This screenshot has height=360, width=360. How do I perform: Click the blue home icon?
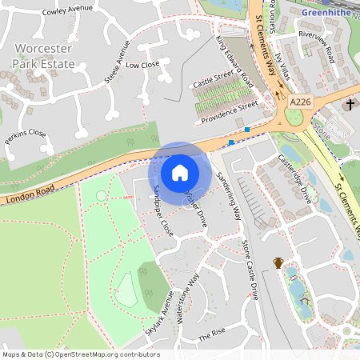click(180, 172)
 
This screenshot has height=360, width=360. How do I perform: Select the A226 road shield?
click(300, 102)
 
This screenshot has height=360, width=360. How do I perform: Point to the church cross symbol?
click(350, 105)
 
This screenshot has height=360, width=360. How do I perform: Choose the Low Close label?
click(143, 65)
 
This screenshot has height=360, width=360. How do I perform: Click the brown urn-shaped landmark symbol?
click(278, 262)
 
